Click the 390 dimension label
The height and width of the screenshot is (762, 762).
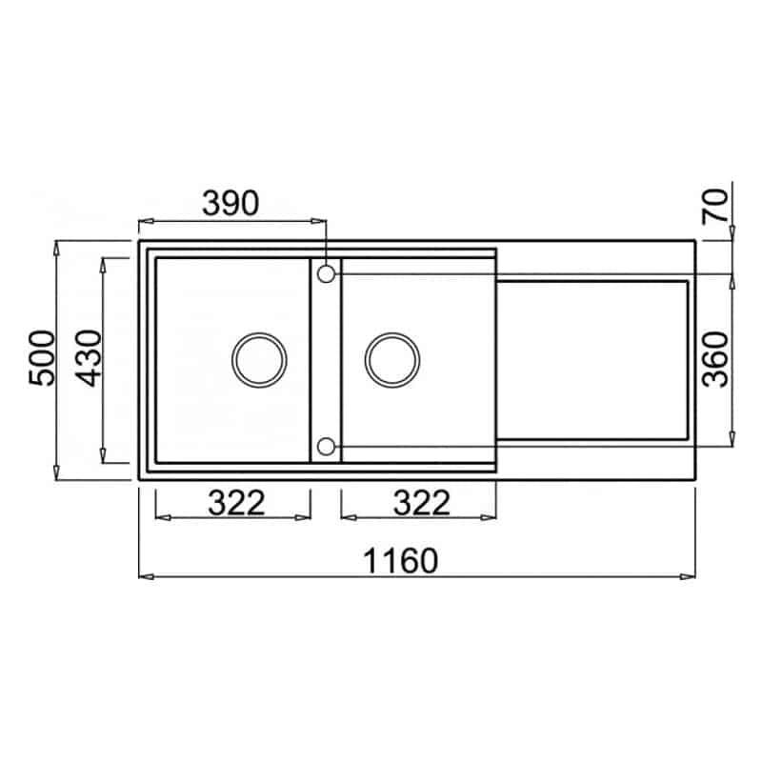(x=231, y=203)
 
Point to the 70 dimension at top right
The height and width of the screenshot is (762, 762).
(x=716, y=206)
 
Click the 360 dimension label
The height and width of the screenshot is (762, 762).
(x=716, y=360)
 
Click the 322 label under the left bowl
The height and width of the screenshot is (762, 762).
(x=236, y=503)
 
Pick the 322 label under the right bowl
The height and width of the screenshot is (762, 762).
(x=422, y=503)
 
